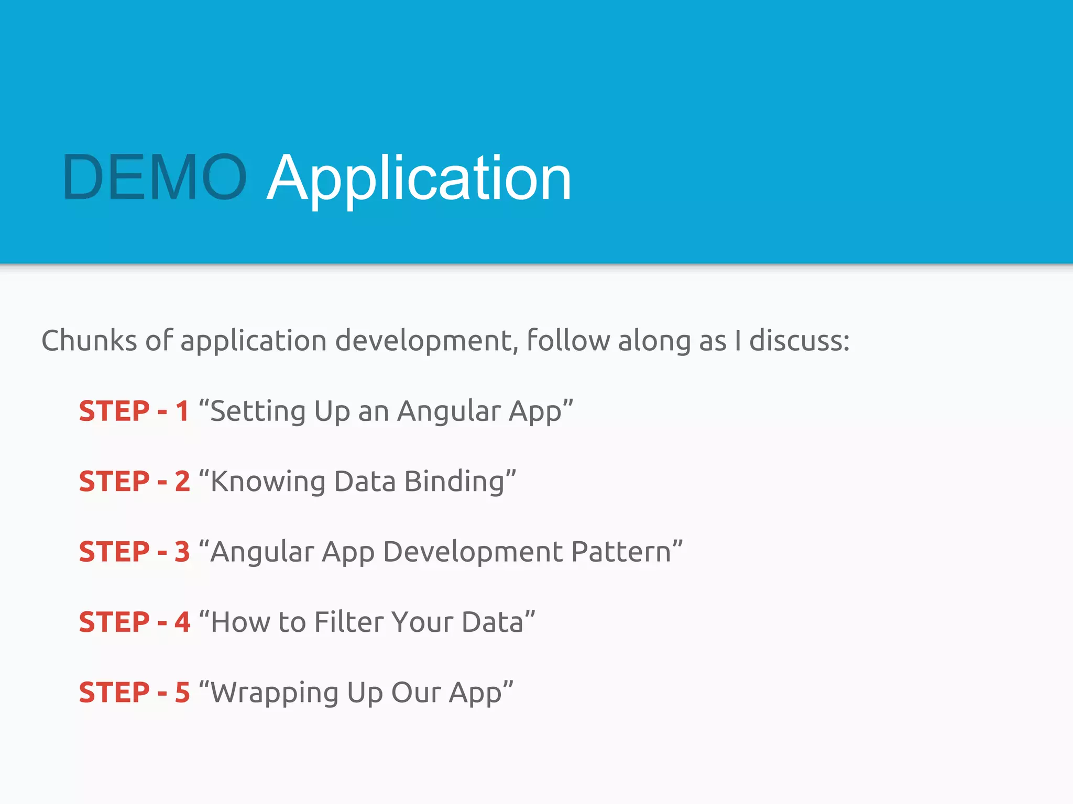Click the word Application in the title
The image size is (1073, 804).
pyautogui.click(x=419, y=179)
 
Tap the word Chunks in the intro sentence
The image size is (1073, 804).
pyautogui.click(x=89, y=341)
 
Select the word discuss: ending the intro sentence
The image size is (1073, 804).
pyautogui.click(x=799, y=341)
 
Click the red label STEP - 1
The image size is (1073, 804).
pyautogui.click(x=134, y=411)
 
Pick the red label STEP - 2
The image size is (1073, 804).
pyautogui.click(x=134, y=482)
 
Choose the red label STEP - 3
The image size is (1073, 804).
pyautogui.click(x=134, y=552)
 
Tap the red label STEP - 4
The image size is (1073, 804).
pyautogui.click(x=134, y=622)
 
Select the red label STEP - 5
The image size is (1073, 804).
pyautogui.click(x=134, y=693)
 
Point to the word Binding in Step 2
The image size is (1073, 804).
pyautogui.click(x=454, y=482)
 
